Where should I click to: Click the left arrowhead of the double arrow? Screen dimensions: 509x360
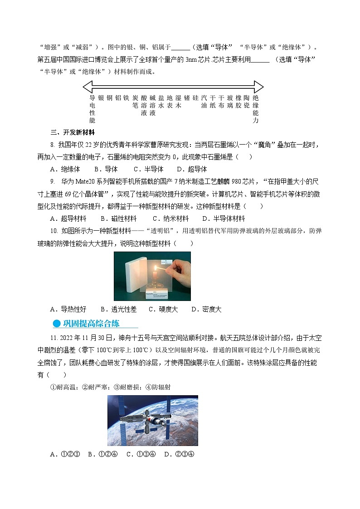88,87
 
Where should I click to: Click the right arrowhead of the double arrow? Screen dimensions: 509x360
258,87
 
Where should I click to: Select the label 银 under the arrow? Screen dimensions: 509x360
101,98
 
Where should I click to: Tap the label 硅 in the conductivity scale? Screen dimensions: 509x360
195,98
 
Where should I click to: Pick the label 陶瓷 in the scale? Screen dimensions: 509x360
246,102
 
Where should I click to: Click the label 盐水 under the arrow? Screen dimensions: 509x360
161,102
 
